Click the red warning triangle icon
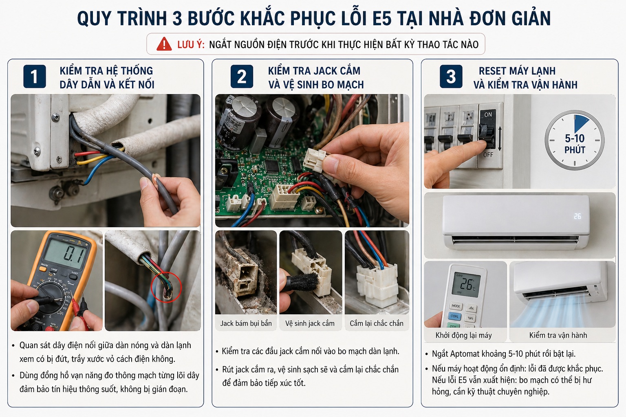point(164,44)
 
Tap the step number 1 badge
point(35,77)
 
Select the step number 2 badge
point(242,77)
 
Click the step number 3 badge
point(451,77)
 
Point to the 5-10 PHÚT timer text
point(575,144)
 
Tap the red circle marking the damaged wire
point(166,287)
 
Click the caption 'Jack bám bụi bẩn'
point(246,323)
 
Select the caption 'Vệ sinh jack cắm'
point(310,323)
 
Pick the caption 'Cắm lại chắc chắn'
point(376,323)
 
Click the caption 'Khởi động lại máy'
point(463,335)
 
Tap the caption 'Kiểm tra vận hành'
point(558,335)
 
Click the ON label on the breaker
point(488,115)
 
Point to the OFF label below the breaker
point(488,155)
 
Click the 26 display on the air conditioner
point(578,216)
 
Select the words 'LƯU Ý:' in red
point(191,44)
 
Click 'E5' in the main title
point(381,19)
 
